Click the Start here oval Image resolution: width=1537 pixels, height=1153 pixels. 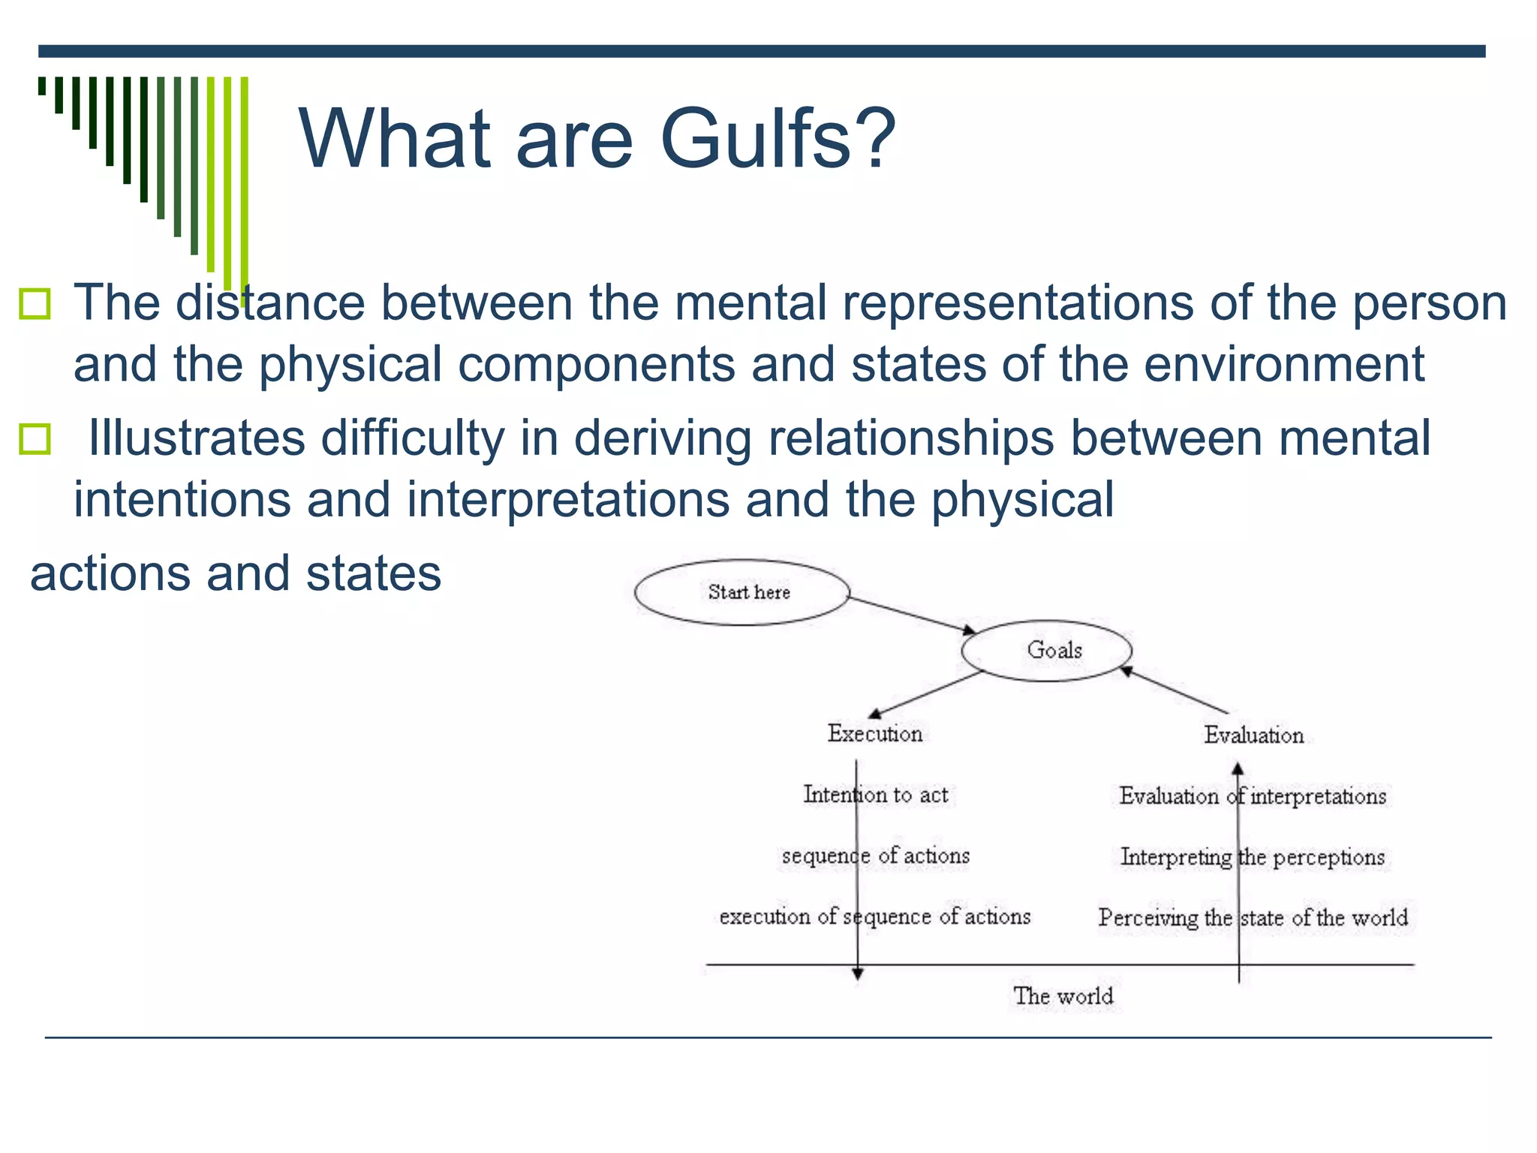(x=742, y=592)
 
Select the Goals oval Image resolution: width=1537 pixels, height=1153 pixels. (x=1047, y=650)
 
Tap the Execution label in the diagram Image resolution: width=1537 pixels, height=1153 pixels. (x=875, y=733)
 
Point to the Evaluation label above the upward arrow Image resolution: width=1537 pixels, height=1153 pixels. (x=1254, y=735)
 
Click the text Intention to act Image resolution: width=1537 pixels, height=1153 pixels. (x=876, y=794)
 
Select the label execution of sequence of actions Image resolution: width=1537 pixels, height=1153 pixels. (x=875, y=917)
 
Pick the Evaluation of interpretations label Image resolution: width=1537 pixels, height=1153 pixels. (x=1253, y=796)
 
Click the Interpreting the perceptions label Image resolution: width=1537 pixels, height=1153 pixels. (x=1253, y=856)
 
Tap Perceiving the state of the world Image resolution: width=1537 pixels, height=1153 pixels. (x=1253, y=917)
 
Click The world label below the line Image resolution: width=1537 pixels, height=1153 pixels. (x=1063, y=996)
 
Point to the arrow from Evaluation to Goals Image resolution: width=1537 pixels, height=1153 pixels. (x=1175, y=690)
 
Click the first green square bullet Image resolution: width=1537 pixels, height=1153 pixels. (x=35, y=304)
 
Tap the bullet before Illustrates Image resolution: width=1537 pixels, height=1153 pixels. (x=35, y=439)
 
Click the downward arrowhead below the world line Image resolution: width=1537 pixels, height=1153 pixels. (x=857, y=974)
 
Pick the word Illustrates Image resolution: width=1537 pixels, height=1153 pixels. (x=197, y=438)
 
